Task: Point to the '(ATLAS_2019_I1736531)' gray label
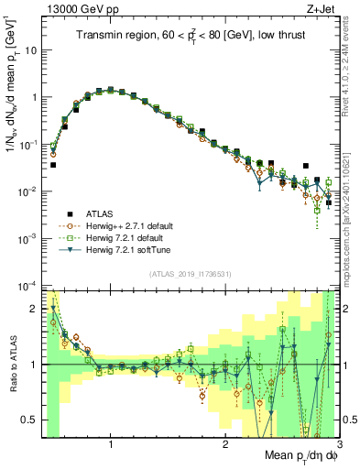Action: (191, 274)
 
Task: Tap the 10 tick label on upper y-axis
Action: (33, 49)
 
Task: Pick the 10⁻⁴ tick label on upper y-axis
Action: (31, 285)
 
